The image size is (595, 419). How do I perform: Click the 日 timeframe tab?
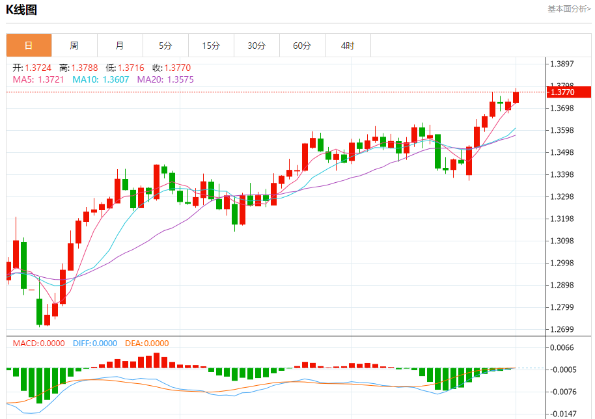pyautogui.click(x=29, y=46)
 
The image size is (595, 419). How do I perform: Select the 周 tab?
pyautogui.click(x=74, y=46)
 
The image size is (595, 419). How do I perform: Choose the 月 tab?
pyautogui.click(x=120, y=46)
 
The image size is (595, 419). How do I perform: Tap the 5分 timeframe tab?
pyautogui.click(x=165, y=46)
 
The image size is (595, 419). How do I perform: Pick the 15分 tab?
pyautogui.click(x=211, y=46)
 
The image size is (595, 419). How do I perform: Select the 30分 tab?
pyautogui.click(x=256, y=46)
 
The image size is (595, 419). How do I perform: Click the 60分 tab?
pyautogui.click(x=302, y=46)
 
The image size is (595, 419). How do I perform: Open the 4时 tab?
pyautogui.click(x=348, y=46)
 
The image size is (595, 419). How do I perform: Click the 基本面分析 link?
pyautogui.click(x=569, y=9)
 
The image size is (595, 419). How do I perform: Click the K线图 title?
pyautogui.click(x=21, y=10)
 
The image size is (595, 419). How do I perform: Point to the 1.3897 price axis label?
pyautogui.click(x=564, y=64)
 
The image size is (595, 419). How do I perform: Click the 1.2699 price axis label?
pyautogui.click(x=564, y=329)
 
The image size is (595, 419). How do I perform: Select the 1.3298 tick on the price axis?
pyautogui.click(x=564, y=196)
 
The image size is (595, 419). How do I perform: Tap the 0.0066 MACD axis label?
pyautogui.click(x=564, y=347)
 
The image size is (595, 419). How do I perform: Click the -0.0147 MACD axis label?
pyautogui.click(x=564, y=414)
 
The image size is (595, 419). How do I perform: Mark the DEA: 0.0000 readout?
pyautogui.click(x=146, y=344)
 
